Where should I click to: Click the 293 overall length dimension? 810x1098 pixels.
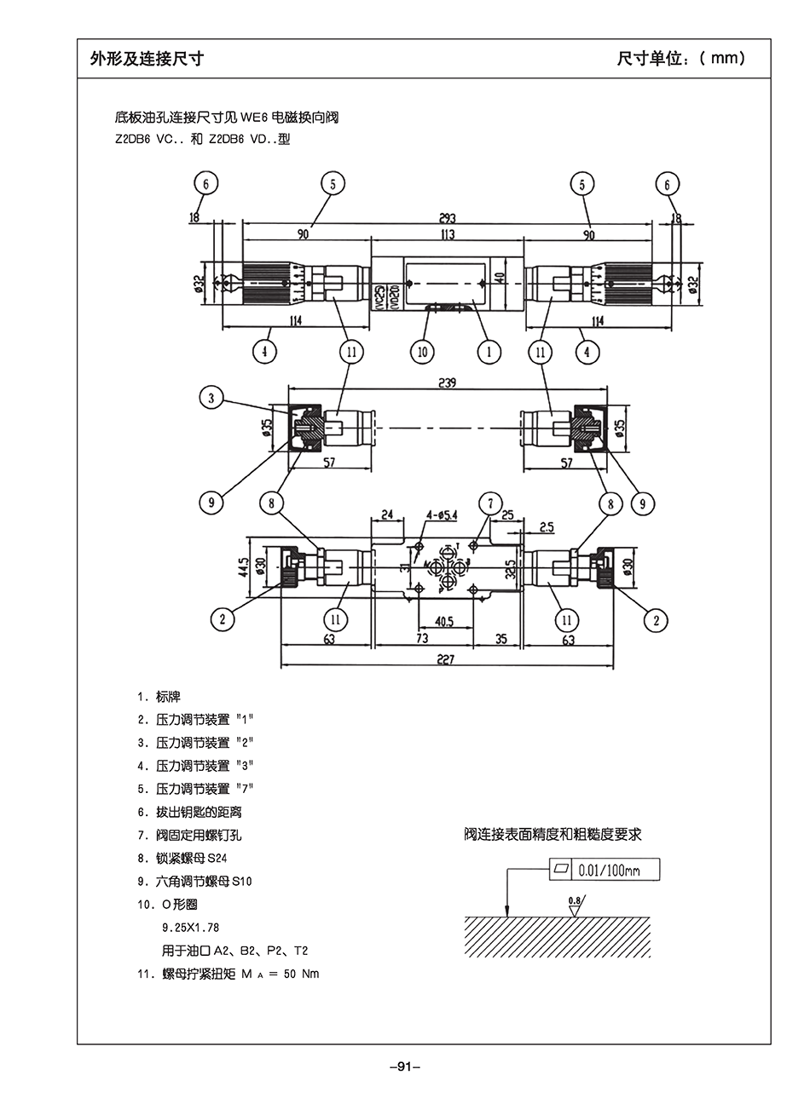pos(448,218)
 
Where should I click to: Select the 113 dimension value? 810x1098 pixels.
pos(448,234)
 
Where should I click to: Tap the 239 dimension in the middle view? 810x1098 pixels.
pos(447,383)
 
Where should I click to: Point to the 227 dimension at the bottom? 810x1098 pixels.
pos(445,658)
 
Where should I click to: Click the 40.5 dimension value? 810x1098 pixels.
pos(444,622)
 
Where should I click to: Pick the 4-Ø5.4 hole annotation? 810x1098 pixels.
pos(441,515)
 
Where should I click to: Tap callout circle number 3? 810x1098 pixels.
pos(212,397)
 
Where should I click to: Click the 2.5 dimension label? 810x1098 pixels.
pos(547,528)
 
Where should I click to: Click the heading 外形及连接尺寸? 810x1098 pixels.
pos(147,58)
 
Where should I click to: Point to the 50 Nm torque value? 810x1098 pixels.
pos(301,974)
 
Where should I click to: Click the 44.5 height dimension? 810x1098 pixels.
pos(243,566)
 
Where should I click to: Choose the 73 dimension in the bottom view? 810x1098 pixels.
pos(422,639)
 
